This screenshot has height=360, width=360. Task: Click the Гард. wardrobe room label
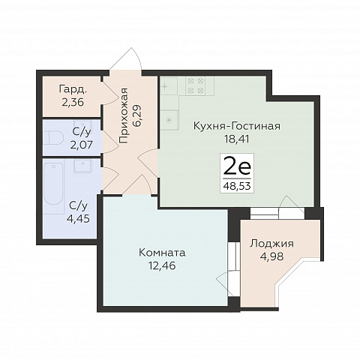pos(73,89)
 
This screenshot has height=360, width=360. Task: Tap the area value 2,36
pos(73,102)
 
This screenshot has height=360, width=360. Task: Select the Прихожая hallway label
pos(124,115)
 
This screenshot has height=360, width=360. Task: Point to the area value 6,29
pos(137,115)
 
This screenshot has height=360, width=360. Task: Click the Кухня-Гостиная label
pos(237,126)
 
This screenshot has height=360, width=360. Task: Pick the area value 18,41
pos(237,139)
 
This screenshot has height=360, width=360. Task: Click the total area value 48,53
pos(237,186)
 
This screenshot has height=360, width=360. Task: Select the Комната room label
pos(162,253)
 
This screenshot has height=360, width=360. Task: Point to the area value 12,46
pos(162,265)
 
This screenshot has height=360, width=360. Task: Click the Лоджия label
pos(272,244)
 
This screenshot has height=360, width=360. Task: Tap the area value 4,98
pos(272,256)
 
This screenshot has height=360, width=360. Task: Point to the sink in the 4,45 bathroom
pos(82,166)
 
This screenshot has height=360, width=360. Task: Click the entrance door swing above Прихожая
pos(126,59)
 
